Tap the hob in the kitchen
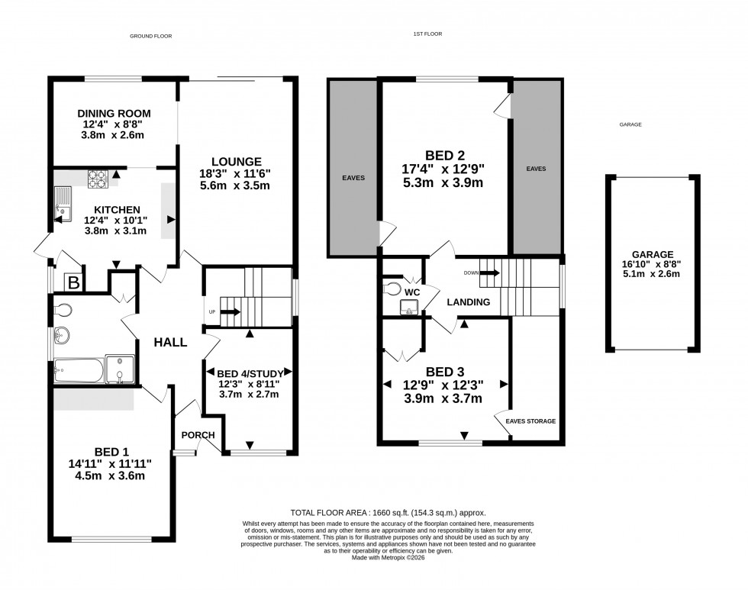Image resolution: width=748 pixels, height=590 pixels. (x=97, y=179)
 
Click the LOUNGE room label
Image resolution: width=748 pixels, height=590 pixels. (x=237, y=162)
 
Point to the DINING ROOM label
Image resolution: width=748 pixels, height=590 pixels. (x=114, y=113)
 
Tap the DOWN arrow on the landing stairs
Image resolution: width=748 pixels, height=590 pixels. (x=489, y=272)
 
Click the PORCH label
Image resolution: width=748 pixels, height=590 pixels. (x=198, y=435)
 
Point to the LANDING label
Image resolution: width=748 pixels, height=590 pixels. (x=469, y=302)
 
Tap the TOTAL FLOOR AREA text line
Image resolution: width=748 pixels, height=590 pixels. (x=388, y=513)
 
